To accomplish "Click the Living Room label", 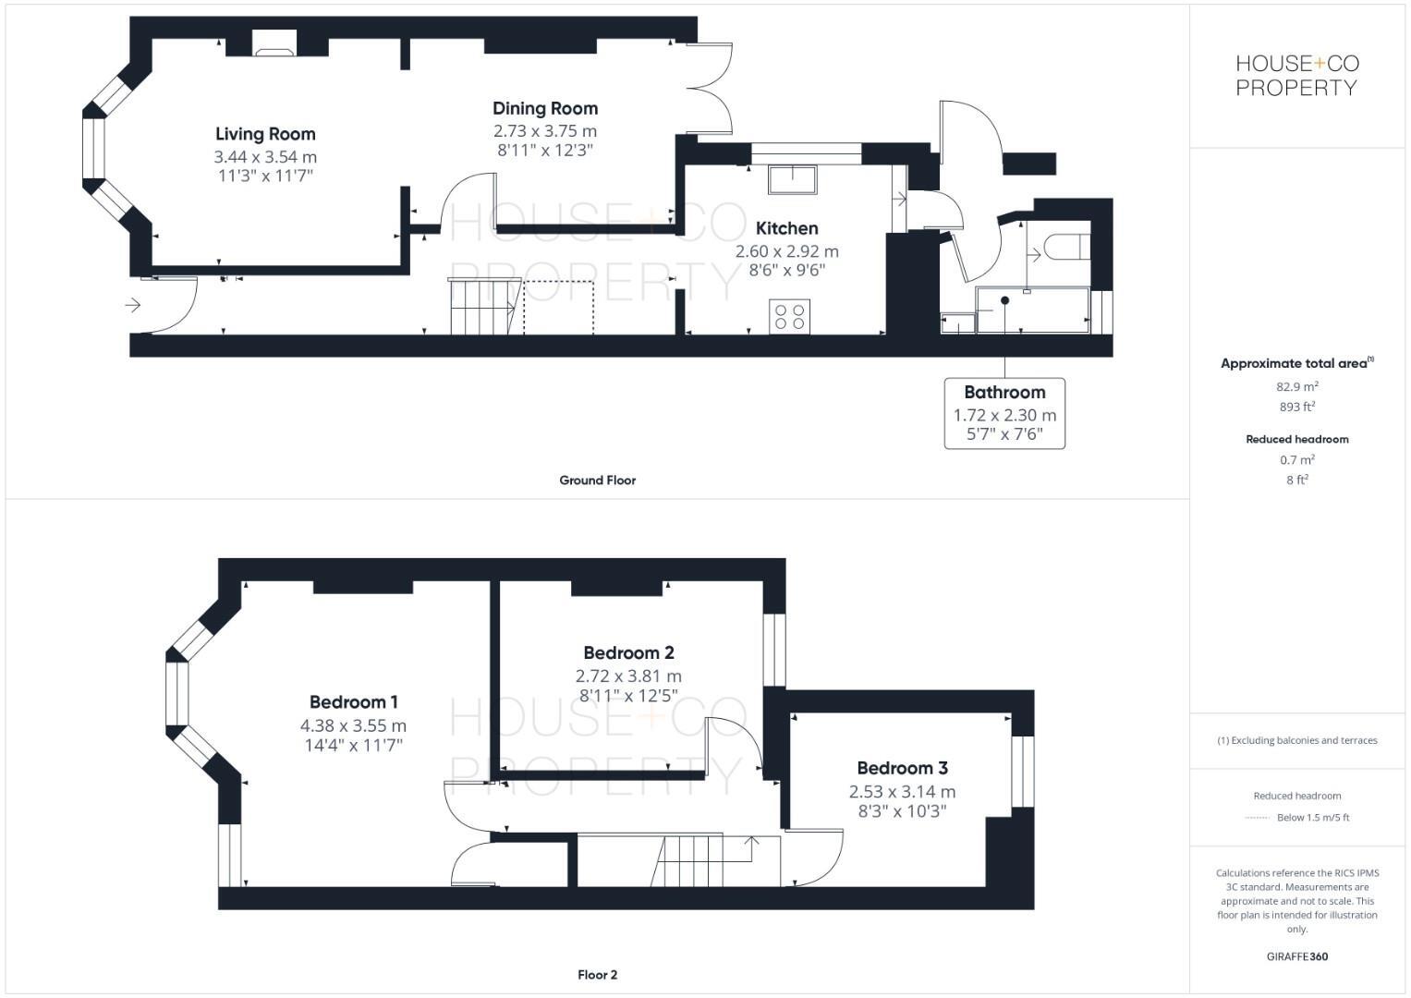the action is click(265, 135).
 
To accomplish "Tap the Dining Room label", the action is click(544, 109).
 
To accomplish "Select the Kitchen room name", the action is click(786, 228).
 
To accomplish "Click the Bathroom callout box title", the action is click(1004, 393).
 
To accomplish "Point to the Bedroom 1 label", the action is click(353, 702).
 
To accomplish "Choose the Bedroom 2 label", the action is click(628, 653).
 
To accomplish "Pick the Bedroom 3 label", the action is click(902, 768).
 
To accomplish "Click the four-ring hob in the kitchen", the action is click(790, 316).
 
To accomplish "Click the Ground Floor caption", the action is click(597, 481).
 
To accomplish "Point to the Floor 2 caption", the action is click(597, 975).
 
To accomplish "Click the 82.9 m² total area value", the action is click(1296, 387).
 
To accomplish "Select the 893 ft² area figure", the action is click(1296, 407).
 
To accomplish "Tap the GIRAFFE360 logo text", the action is click(1296, 956).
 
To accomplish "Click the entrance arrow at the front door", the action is click(133, 304).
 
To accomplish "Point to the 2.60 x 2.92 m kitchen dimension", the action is click(786, 251).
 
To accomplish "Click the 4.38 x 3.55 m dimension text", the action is click(353, 726).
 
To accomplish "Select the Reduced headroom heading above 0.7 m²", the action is click(1296, 439).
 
